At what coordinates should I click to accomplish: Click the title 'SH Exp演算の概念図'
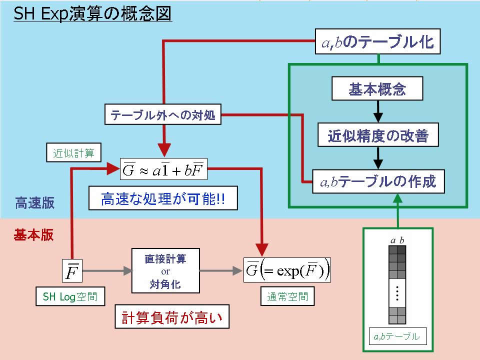coord(93,14)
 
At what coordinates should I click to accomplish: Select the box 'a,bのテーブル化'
coord(378,41)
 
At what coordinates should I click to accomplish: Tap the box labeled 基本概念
coord(377,88)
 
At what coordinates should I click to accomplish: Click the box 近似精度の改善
coord(378,134)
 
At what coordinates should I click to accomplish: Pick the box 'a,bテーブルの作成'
coord(378,181)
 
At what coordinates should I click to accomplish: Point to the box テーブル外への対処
coord(163,114)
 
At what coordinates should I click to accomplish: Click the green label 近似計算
coord(73,152)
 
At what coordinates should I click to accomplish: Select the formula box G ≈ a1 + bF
coord(163,169)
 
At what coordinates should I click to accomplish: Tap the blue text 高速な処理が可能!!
coord(163,198)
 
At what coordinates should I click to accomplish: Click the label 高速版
coord(34,202)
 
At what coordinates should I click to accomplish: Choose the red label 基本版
coord(33,235)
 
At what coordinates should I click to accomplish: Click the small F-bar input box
coord(72,270)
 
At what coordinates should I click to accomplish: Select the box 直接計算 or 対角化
coord(165,271)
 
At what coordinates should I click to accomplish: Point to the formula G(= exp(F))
coord(287,270)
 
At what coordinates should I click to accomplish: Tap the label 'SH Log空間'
coord(70,296)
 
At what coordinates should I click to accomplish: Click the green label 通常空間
coord(287,296)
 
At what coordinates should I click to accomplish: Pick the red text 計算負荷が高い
coord(172,317)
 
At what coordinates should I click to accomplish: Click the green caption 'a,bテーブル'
coord(397,336)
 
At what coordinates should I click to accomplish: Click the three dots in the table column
coord(397,293)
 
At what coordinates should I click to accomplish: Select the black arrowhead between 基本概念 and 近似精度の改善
coord(378,117)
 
